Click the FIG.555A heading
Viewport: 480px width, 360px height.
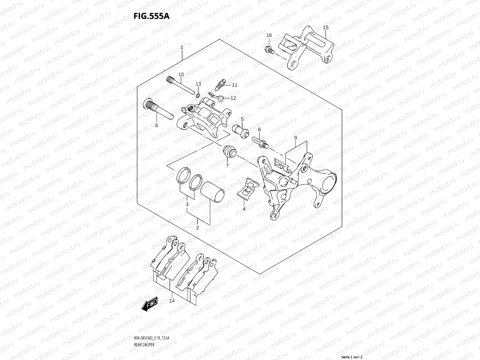151,16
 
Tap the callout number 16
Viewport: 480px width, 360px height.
269,35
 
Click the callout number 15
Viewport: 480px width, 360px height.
326,28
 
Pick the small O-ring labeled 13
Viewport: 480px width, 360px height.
198,95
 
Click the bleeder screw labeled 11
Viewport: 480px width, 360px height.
221,84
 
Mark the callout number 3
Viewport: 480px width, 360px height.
187,205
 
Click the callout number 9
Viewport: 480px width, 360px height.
295,138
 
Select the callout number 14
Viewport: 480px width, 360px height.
172,301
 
